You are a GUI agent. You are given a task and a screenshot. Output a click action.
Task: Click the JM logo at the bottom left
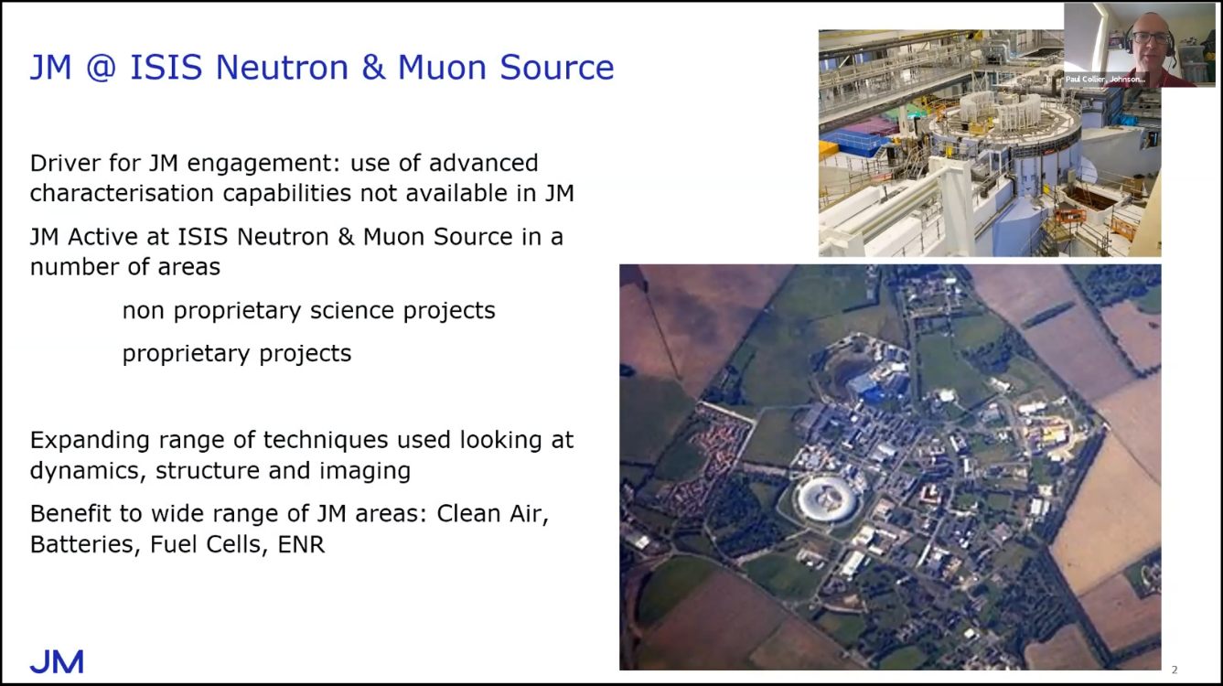[x=57, y=661]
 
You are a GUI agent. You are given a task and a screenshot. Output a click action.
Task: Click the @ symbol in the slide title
[x=101, y=68]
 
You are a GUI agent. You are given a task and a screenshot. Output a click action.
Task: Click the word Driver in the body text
[x=65, y=163]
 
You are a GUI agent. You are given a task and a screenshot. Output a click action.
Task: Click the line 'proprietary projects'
[x=237, y=354]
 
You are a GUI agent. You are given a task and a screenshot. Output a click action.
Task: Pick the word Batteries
[x=85, y=544]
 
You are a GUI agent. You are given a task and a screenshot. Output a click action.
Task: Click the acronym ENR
[x=301, y=544]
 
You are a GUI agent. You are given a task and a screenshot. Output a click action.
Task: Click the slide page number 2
[x=1175, y=670]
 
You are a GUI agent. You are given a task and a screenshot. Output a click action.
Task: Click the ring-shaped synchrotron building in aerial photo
[x=827, y=499]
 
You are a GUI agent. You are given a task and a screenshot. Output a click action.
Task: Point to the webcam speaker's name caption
[x=1104, y=80]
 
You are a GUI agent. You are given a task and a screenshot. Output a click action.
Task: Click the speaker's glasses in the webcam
[x=1151, y=38]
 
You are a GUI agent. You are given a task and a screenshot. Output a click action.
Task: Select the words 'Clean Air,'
[x=492, y=513]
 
